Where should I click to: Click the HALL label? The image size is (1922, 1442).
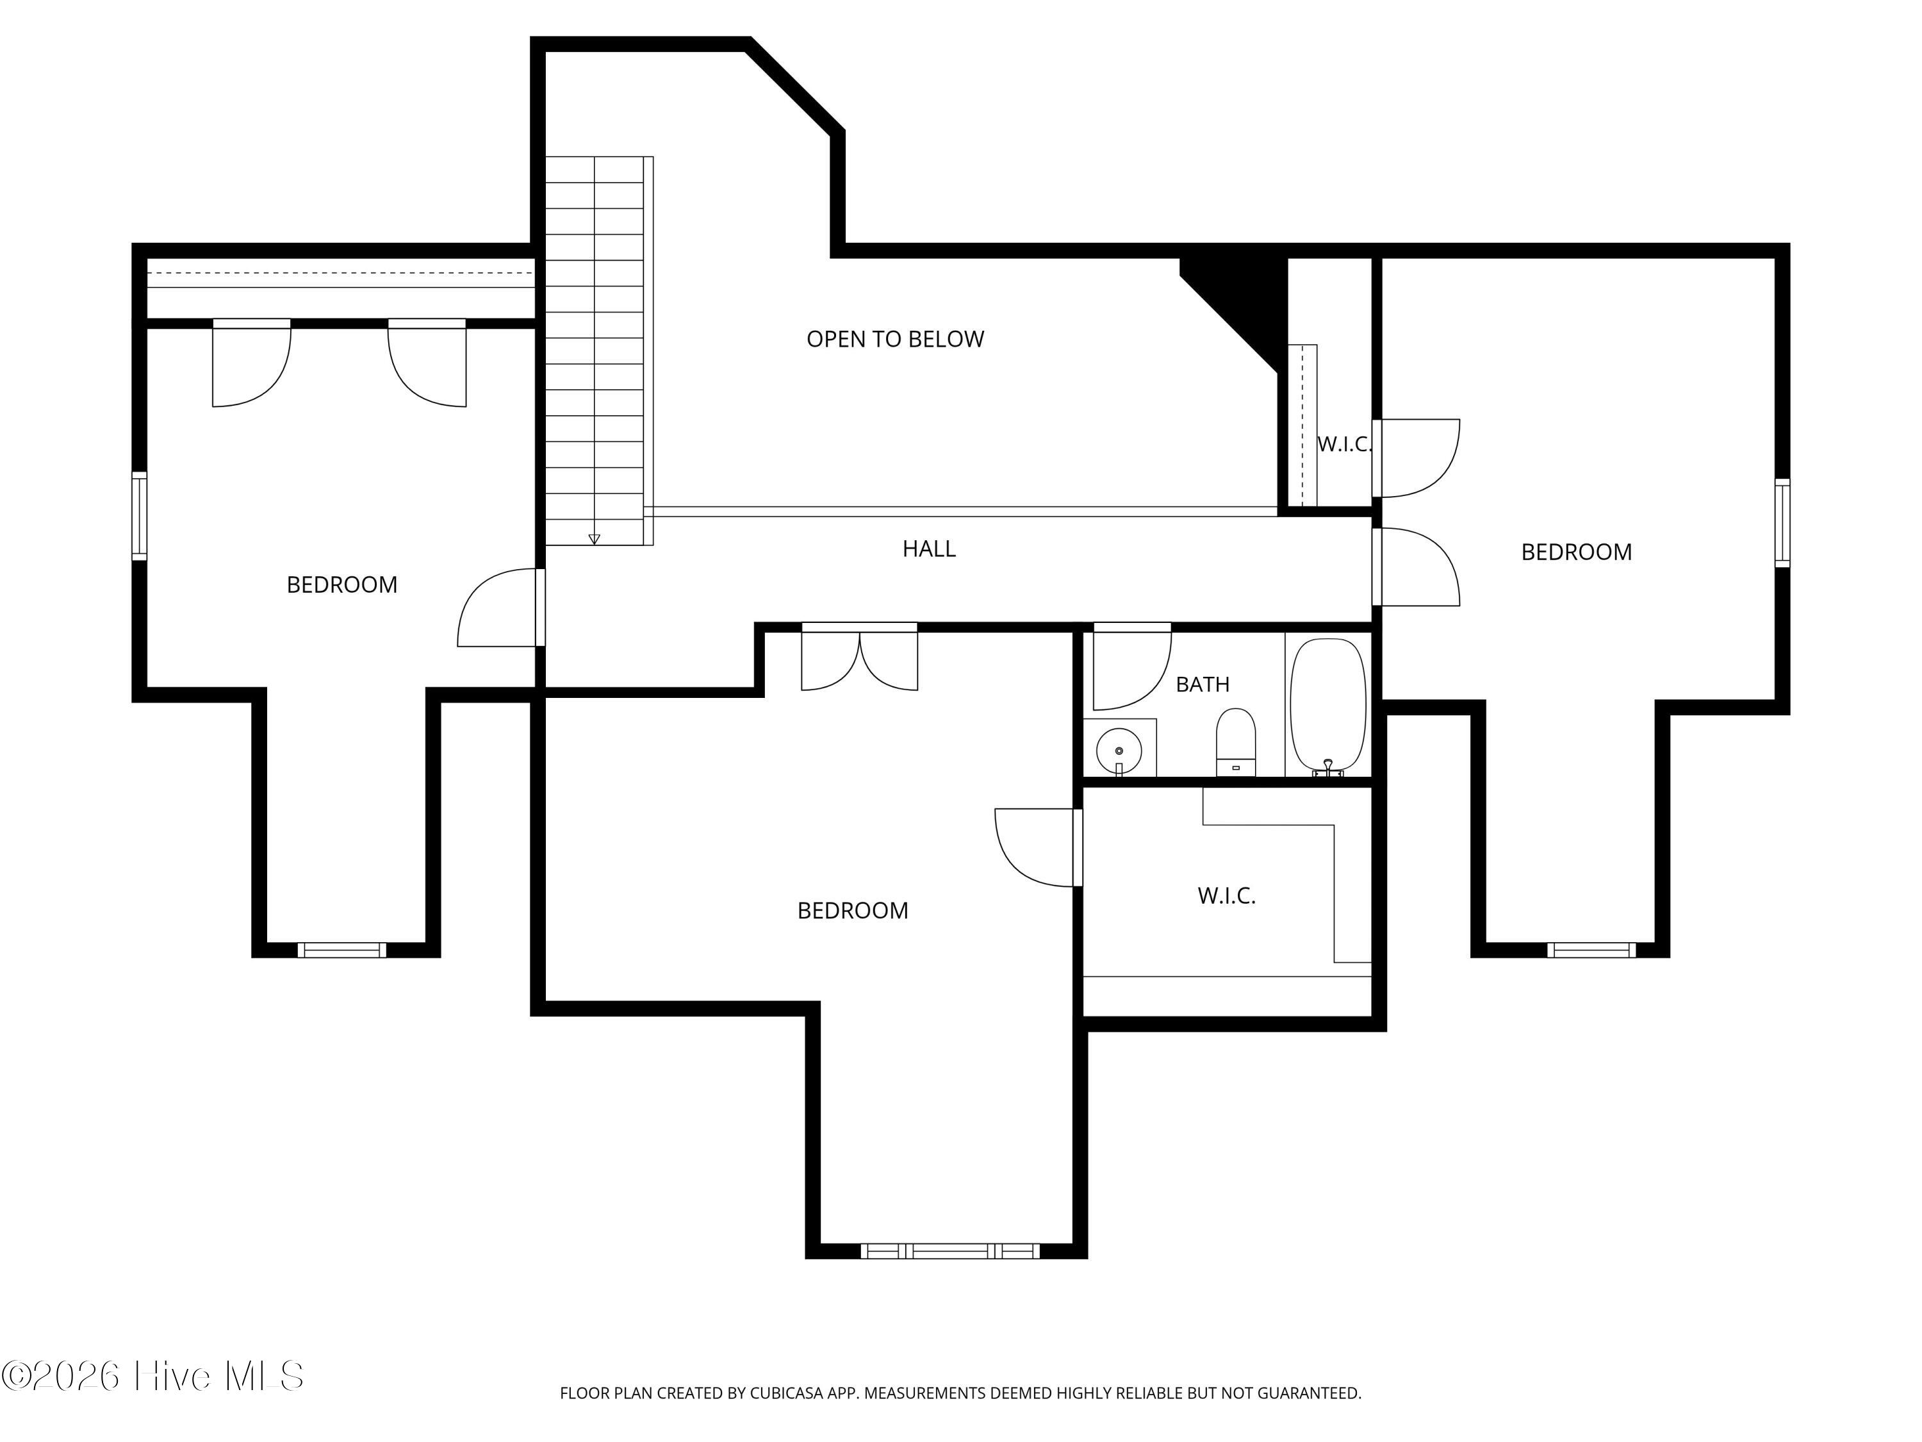pos(929,549)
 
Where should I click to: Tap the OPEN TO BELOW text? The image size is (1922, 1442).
pos(895,339)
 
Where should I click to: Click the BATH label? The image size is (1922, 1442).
pos(1203,684)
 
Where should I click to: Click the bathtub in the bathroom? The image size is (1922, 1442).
pos(1327,707)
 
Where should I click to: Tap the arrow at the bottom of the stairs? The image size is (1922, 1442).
pos(595,539)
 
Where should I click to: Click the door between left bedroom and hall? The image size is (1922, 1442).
pos(498,608)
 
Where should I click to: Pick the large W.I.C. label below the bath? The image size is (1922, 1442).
pos(1226,895)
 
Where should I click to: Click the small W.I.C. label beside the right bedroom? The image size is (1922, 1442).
pos(1344,444)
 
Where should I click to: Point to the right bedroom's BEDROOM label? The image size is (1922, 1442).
pos(1576,552)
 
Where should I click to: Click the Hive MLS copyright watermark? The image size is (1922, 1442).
pos(153,1375)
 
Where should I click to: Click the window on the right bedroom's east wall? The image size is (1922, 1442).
pos(1782,522)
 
